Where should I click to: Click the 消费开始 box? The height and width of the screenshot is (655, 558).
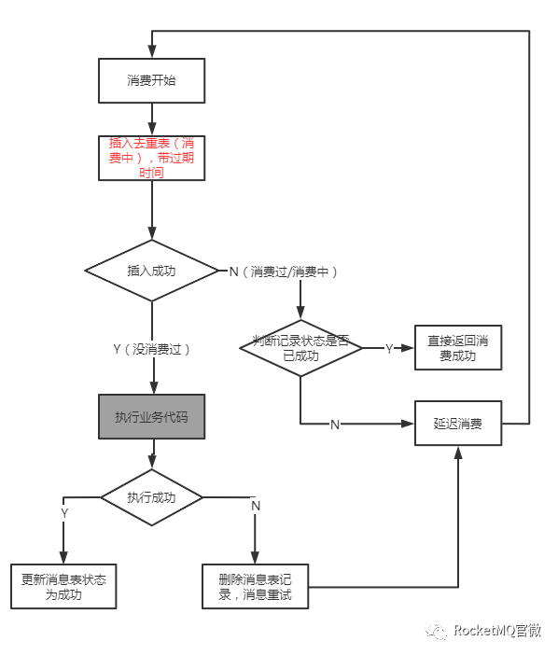(151, 80)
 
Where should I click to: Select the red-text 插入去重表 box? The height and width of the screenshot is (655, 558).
(151, 158)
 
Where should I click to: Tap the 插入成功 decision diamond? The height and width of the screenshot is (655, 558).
(151, 271)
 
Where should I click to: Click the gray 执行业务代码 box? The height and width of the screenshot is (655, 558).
(151, 416)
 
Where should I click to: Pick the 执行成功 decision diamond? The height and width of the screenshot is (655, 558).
(151, 497)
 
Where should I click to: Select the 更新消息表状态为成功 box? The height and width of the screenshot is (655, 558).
(63, 586)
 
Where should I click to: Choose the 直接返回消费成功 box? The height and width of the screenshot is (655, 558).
(458, 348)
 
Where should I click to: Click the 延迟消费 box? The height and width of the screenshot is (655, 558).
(458, 424)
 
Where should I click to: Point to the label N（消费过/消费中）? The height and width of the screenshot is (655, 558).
(284, 272)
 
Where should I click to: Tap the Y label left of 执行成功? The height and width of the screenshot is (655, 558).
(64, 512)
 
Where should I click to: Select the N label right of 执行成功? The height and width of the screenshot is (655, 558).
(256, 505)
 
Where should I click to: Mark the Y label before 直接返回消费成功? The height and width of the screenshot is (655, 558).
(389, 348)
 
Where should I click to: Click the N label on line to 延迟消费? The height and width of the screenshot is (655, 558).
(335, 425)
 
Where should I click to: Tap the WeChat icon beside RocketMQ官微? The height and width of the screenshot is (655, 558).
(437, 632)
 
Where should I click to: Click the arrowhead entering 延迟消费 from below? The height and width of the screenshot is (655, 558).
(458, 453)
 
